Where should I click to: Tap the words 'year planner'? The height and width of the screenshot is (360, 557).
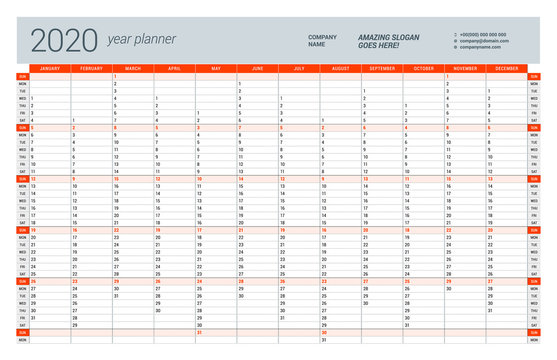[141, 40]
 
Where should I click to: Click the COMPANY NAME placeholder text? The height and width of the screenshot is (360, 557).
[322, 40]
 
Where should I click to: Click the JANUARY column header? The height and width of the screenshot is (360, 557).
[50, 68]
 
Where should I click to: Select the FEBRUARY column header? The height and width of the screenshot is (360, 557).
[91, 68]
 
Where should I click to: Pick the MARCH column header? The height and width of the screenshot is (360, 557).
[133, 68]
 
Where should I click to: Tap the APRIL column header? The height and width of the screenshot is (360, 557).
[174, 68]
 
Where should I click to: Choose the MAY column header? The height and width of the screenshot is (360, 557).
[216, 68]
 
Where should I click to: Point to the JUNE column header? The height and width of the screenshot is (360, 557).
[258, 68]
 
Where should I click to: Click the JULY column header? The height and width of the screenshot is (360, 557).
[299, 68]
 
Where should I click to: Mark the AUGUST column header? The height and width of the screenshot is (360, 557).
[341, 68]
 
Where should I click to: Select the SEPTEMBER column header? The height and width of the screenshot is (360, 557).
[382, 68]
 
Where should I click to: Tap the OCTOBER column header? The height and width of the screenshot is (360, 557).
[424, 68]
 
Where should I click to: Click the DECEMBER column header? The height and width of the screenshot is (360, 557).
[507, 68]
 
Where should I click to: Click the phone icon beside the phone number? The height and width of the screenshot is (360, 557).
[454, 33]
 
